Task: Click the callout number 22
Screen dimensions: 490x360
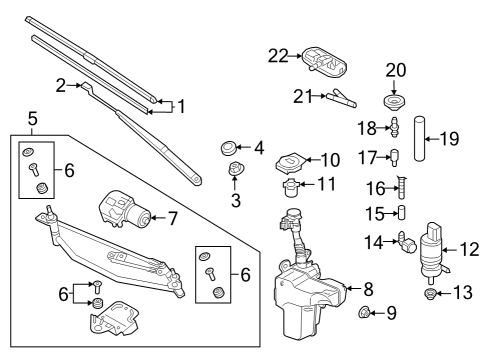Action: coord(278,56)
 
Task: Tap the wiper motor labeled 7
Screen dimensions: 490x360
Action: coord(125,210)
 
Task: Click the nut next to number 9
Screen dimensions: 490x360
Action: coord(363,313)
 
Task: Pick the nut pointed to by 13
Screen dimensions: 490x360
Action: coord(430,294)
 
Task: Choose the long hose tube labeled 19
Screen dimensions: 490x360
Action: coord(420,138)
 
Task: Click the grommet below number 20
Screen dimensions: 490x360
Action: coord(394,102)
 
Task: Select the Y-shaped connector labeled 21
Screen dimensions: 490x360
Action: coord(341,98)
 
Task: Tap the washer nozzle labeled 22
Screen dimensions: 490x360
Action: coord(324,63)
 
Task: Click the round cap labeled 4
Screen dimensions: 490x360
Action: coord(228,147)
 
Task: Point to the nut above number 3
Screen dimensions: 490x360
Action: coord(235,168)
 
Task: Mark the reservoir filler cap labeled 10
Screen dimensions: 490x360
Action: coord(290,163)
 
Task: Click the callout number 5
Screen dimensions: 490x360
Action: coord(33,119)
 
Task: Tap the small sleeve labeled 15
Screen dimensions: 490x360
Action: coord(402,212)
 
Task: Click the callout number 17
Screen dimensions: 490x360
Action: coord(367,157)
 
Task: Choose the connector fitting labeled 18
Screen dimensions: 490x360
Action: coord(395,127)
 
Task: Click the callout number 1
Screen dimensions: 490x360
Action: coord(181,107)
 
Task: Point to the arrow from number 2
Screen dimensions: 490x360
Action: coord(74,86)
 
